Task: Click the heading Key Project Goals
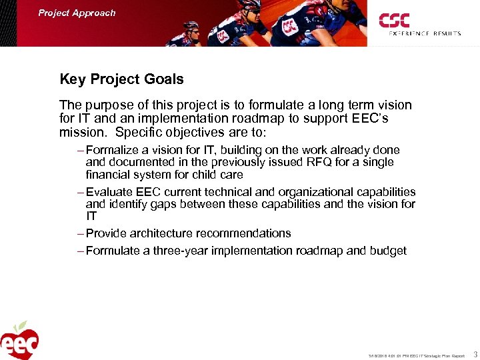[121, 79]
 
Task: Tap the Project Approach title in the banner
[77, 13]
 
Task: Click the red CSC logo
[394, 21]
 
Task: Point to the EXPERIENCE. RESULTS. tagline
[425, 33]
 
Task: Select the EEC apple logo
[20, 341]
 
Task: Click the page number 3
[474, 355]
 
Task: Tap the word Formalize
[112, 150]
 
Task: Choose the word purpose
[104, 105]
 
